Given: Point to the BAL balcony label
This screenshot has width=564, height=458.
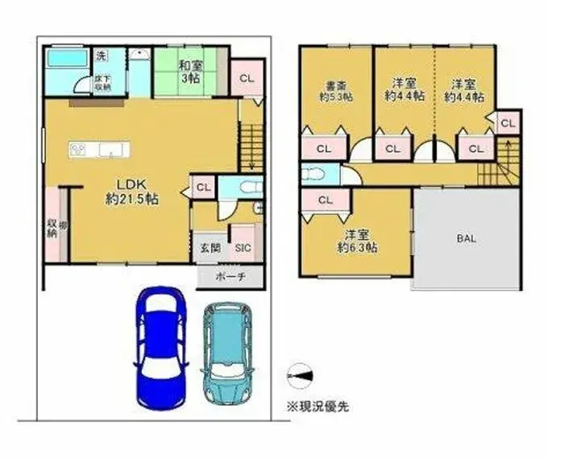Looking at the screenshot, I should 465,238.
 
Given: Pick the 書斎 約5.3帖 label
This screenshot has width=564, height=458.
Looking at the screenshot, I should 330,90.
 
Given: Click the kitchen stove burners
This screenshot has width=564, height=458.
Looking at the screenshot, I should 79,149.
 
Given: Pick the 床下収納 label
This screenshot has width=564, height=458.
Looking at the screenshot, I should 102,83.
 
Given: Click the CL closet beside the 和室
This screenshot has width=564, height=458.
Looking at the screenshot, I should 247,78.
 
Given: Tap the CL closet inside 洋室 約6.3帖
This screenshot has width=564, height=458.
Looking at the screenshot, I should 325,200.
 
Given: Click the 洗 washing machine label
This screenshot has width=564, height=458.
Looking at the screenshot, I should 102,56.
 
